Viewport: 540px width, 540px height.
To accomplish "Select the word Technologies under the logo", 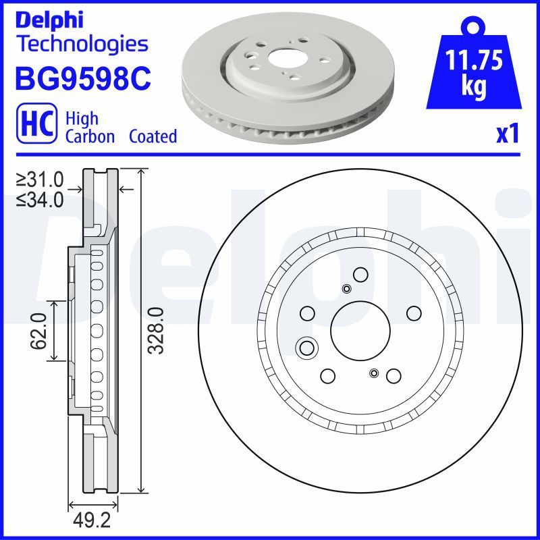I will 81,45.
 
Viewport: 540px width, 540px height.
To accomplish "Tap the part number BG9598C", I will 82,78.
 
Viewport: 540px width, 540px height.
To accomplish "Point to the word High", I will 82,118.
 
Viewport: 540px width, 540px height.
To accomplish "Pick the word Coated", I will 154,136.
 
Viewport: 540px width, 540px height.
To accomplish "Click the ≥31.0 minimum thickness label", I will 40,180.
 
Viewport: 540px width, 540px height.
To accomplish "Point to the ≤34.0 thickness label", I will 40,199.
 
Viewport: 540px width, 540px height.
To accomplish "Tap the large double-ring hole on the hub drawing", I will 307,348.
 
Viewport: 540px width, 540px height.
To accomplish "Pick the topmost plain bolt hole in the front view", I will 360,274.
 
